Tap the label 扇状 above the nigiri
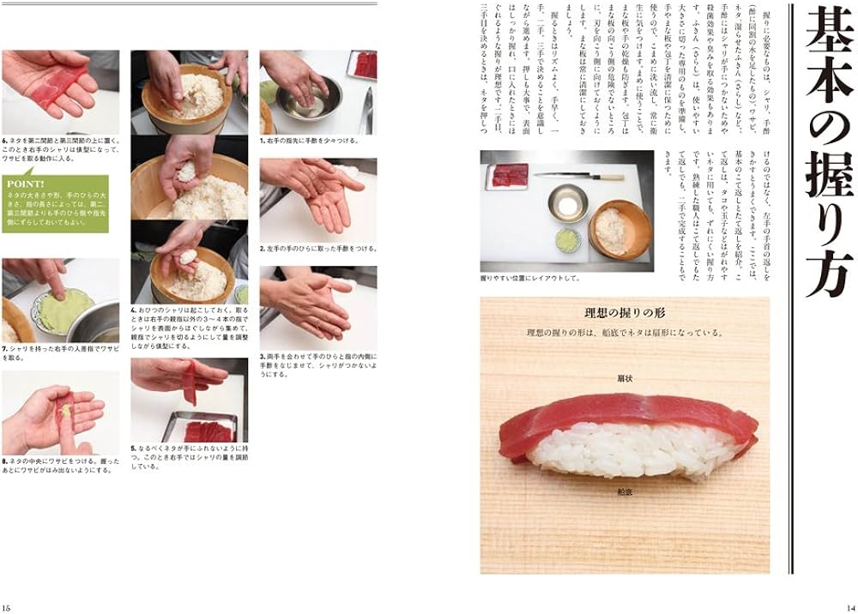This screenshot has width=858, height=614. pos(624,376)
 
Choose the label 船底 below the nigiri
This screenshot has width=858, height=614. pos(624,492)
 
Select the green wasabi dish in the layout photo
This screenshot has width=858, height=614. pos(567,236)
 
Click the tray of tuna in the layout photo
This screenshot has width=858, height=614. pos(506,176)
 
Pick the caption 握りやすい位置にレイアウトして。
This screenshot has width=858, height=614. pos(531,279)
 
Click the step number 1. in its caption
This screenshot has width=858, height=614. pos(263,140)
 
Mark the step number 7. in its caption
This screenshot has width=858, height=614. pos(5,349)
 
